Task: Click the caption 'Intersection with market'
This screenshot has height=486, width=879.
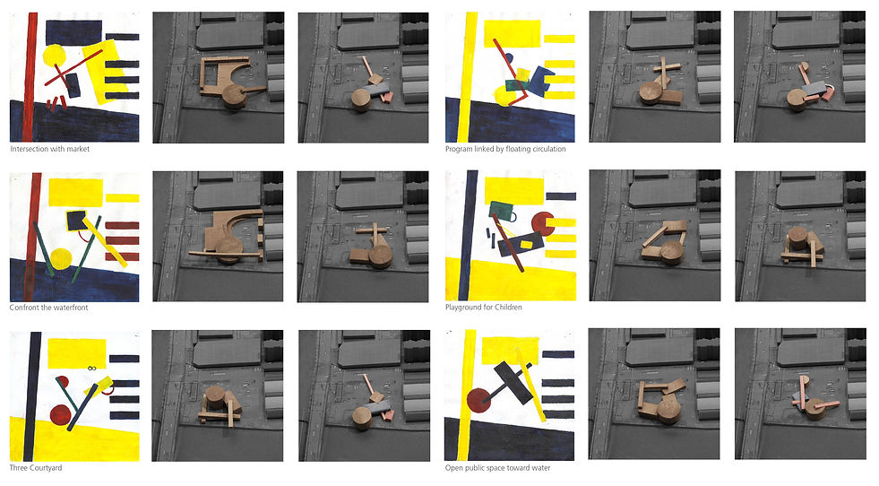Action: click(50, 149)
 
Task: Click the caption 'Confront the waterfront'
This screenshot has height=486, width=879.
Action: click(48, 308)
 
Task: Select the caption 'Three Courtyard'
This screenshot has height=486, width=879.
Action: click(36, 468)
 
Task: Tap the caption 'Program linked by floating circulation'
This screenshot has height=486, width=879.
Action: click(505, 149)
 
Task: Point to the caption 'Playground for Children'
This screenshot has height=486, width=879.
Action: click(484, 308)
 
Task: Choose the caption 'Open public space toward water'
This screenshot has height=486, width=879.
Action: click(498, 468)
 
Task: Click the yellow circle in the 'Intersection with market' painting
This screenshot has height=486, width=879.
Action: click(54, 56)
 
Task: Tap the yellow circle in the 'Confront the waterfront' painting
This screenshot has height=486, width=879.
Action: click(61, 259)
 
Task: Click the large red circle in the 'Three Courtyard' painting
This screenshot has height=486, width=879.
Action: click(61, 415)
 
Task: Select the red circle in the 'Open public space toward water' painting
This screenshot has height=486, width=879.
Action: click(478, 401)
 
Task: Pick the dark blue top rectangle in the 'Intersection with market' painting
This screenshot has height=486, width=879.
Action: click(73, 32)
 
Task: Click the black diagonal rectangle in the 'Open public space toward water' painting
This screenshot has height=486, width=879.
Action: click(513, 383)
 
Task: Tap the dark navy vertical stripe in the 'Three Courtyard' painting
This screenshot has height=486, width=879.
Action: click(32, 396)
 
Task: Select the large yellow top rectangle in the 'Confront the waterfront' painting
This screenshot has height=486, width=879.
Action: click(75, 192)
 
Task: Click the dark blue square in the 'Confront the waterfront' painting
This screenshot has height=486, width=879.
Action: click(76, 221)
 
